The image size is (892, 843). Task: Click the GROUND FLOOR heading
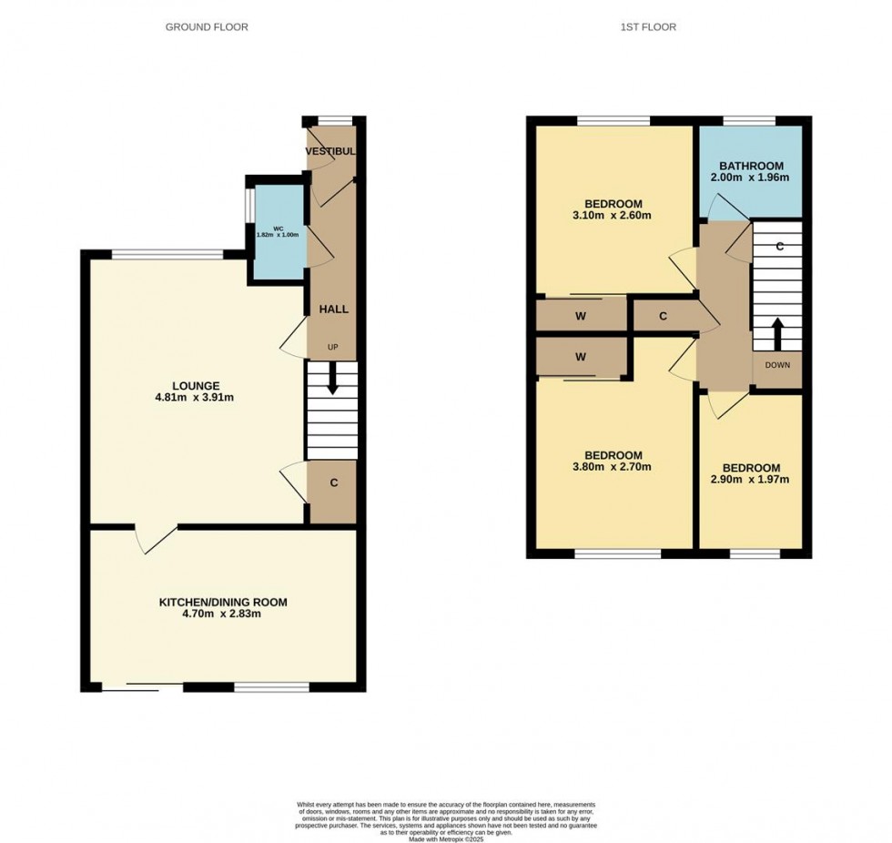point(207,27)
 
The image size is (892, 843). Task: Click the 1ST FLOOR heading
point(648,27)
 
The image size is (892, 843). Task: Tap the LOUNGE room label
point(198,385)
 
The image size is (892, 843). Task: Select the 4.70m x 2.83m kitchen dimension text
point(223,614)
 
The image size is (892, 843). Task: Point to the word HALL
point(333,310)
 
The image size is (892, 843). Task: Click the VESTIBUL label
point(329,151)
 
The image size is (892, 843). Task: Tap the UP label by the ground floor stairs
point(333,348)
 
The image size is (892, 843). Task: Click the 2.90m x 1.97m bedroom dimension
point(750,480)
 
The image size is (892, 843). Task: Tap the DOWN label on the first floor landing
point(777,365)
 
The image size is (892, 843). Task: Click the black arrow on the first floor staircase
point(777,333)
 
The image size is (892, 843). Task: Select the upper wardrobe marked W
point(581,317)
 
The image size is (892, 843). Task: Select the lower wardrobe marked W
point(581,357)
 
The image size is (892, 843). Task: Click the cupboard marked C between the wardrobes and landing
point(664,317)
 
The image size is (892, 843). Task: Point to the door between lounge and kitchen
point(155,539)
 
